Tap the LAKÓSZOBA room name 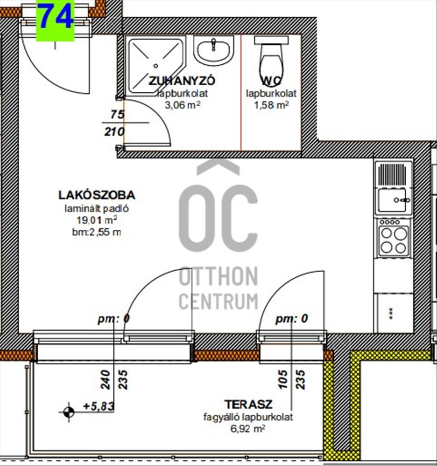coord(97,195)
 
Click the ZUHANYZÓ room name coord(182,81)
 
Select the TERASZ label coord(248,404)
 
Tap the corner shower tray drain coord(155,66)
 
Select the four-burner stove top coord(394,238)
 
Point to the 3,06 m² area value coord(183,105)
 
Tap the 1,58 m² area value coord(271,105)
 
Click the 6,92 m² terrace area coord(248,429)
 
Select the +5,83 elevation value coord(99,406)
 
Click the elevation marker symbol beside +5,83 coord(69,412)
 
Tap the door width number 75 coord(117,115)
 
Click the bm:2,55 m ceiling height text coord(97,232)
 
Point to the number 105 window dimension coord(283,379)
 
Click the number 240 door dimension coord(106,379)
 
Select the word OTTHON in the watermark coord(218,276)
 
